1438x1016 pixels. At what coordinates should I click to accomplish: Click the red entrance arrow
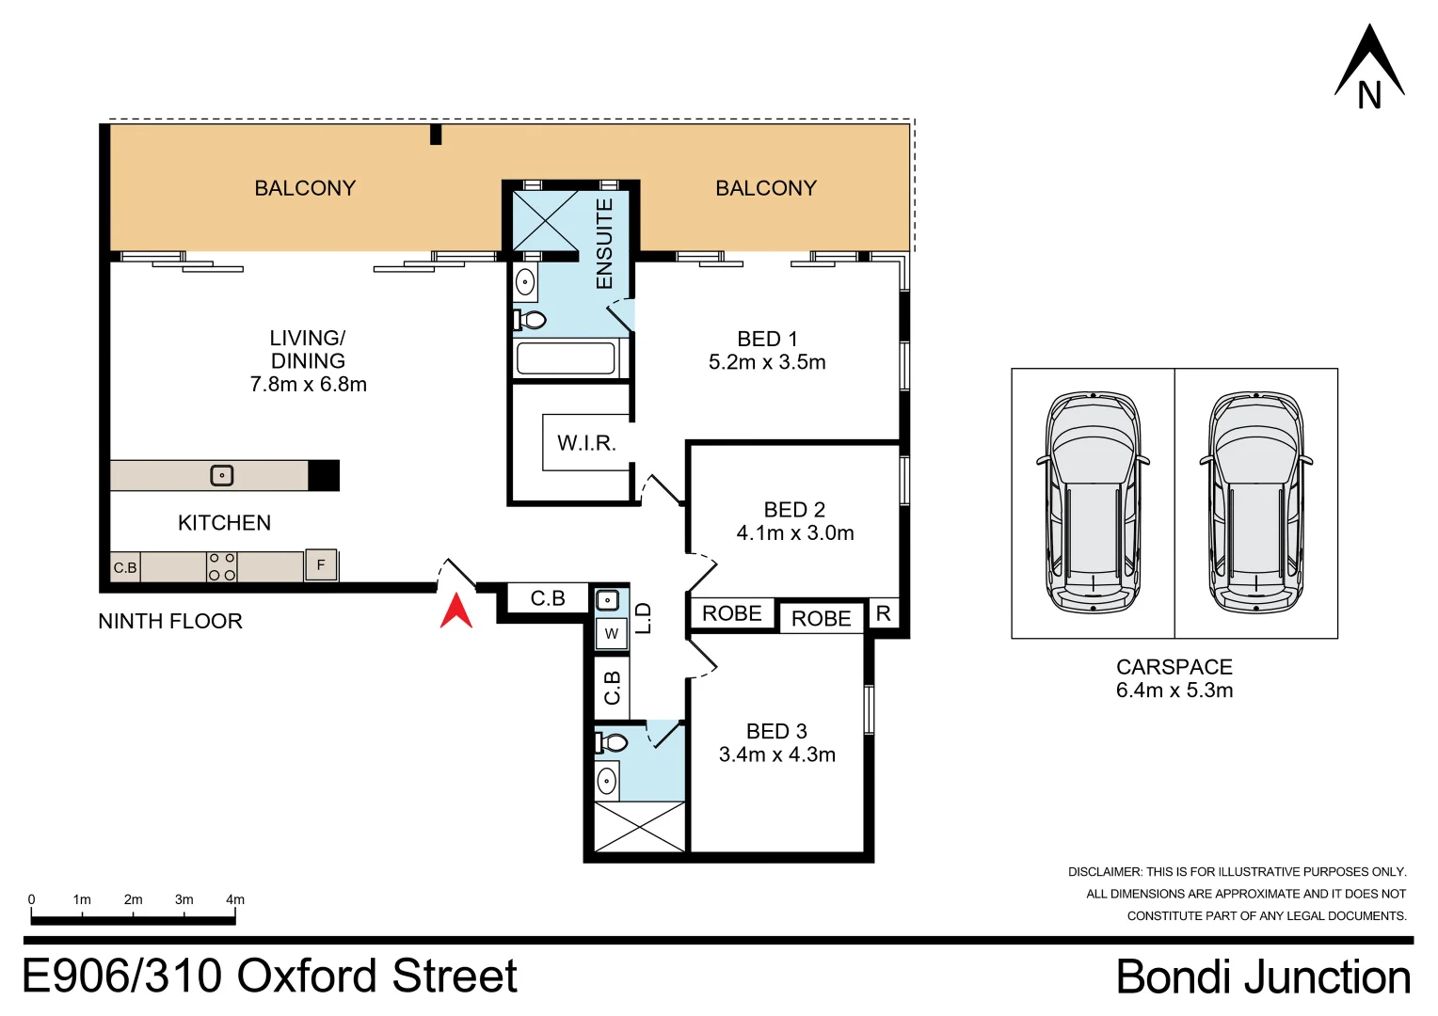pos(456,611)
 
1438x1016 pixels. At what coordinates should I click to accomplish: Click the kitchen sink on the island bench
pos(221,476)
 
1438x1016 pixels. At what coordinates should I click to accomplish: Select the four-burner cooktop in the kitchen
pos(222,566)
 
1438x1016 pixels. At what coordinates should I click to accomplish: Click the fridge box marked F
pos(321,565)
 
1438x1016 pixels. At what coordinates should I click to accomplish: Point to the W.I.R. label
pos(586,443)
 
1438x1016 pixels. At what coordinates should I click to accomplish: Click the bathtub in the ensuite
pos(566,358)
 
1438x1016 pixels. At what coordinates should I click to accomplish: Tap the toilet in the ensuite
pos(531,320)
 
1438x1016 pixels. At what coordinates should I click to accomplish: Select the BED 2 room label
pos(794,510)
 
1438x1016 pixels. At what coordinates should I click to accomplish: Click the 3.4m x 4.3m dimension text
pos(776,754)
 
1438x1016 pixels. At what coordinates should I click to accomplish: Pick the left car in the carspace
pos(1093,503)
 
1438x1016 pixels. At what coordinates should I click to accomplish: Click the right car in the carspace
pos(1256,503)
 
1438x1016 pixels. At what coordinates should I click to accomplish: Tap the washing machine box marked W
pos(612,633)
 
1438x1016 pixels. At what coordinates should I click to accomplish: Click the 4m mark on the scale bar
pos(234,900)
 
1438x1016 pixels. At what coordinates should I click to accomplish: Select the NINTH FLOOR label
pos(170,621)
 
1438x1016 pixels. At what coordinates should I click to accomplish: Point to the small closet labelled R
pos(883,614)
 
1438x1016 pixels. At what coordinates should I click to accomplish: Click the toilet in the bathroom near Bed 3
pos(613,743)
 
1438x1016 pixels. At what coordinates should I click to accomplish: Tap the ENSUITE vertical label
pos(604,244)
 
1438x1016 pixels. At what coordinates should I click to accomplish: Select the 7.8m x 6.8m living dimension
pos(308,384)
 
